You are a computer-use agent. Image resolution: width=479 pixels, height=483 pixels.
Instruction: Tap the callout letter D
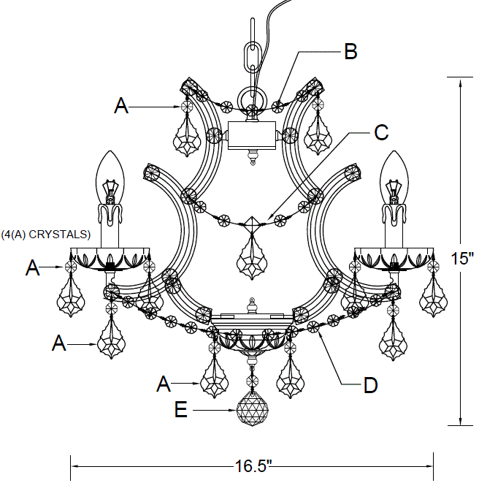[x=371, y=384]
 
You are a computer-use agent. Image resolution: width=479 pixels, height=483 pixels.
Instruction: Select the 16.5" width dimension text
[x=253, y=465]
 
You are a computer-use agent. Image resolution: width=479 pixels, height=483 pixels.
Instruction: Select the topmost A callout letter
[x=121, y=107]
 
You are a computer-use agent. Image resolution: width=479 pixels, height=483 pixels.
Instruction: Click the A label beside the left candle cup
[x=32, y=269]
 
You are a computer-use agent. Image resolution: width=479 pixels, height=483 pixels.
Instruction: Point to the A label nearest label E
[x=166, y=382]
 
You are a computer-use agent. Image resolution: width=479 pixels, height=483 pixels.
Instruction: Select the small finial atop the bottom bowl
[x=252, y=304]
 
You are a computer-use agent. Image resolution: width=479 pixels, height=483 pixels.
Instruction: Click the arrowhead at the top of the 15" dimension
[x=460, y=83]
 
